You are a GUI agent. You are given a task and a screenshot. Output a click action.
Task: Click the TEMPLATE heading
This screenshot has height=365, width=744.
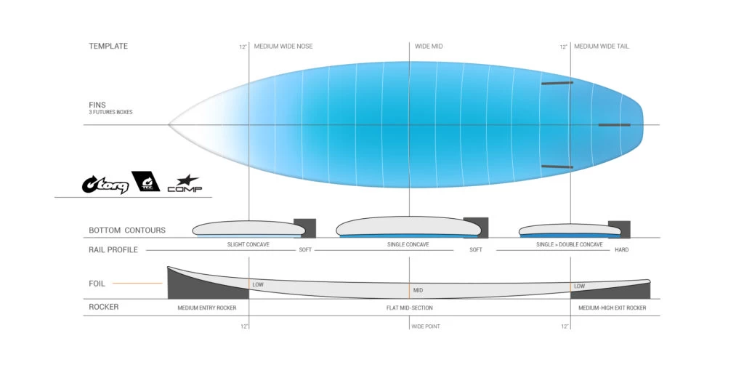[108, 46]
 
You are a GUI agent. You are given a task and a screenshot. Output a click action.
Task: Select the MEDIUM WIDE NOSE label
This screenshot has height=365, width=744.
[283, 47]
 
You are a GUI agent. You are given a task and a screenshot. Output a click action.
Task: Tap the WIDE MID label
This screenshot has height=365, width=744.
[429, 47]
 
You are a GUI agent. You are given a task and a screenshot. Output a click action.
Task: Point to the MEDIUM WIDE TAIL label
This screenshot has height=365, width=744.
[602, 47]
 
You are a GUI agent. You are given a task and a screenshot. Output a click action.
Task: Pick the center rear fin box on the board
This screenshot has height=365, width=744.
[615, 125]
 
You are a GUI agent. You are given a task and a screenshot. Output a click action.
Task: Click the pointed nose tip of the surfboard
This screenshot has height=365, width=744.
[169, 125]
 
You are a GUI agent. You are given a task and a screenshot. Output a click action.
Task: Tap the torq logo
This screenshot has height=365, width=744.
[105, 184]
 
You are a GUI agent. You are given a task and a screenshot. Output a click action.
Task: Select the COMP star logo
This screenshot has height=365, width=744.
[185, 184]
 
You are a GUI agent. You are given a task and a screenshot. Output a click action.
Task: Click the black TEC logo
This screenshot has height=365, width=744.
[145, 181]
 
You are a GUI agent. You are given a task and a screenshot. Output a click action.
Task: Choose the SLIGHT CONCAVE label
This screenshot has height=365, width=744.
[248, 245]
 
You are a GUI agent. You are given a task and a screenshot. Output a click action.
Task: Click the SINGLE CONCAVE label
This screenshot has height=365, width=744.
[408, 245]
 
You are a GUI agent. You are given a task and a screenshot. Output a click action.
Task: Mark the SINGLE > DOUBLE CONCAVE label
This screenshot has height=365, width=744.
[570, 245]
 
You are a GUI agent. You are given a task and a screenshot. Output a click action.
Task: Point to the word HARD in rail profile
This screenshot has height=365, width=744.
[622, 249]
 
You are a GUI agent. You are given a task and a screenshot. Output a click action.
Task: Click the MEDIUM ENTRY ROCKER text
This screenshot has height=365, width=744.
[207, 308]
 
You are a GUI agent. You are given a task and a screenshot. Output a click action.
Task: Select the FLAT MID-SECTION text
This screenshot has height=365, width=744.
[410, 308]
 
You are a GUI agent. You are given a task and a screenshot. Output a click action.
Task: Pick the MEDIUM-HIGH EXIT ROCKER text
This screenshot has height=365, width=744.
[612, 308]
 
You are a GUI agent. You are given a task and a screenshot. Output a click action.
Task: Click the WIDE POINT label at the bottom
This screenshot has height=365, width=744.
[426, 326]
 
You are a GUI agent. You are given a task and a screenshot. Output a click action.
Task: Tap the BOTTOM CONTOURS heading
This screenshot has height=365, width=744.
[127, 230]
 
